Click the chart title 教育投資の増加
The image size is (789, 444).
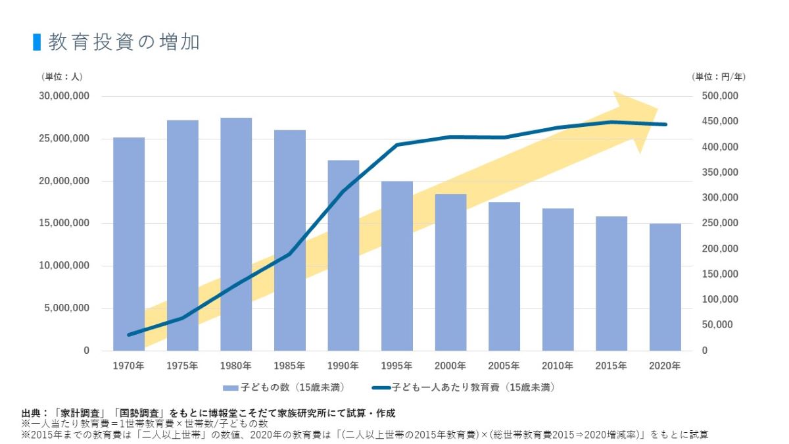coord(124,42)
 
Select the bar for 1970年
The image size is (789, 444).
coord(129,243)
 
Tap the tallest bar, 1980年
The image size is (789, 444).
coord(236,234)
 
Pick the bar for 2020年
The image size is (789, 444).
coord(665,287)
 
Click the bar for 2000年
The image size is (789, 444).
coord(450,272)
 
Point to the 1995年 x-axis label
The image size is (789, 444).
coord(396,365)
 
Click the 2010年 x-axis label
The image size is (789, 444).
coord(558,365)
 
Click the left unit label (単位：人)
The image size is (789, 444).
coord(62,76)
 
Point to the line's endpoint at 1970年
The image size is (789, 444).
coord(129,335)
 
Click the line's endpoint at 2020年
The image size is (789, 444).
coord(665,124)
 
